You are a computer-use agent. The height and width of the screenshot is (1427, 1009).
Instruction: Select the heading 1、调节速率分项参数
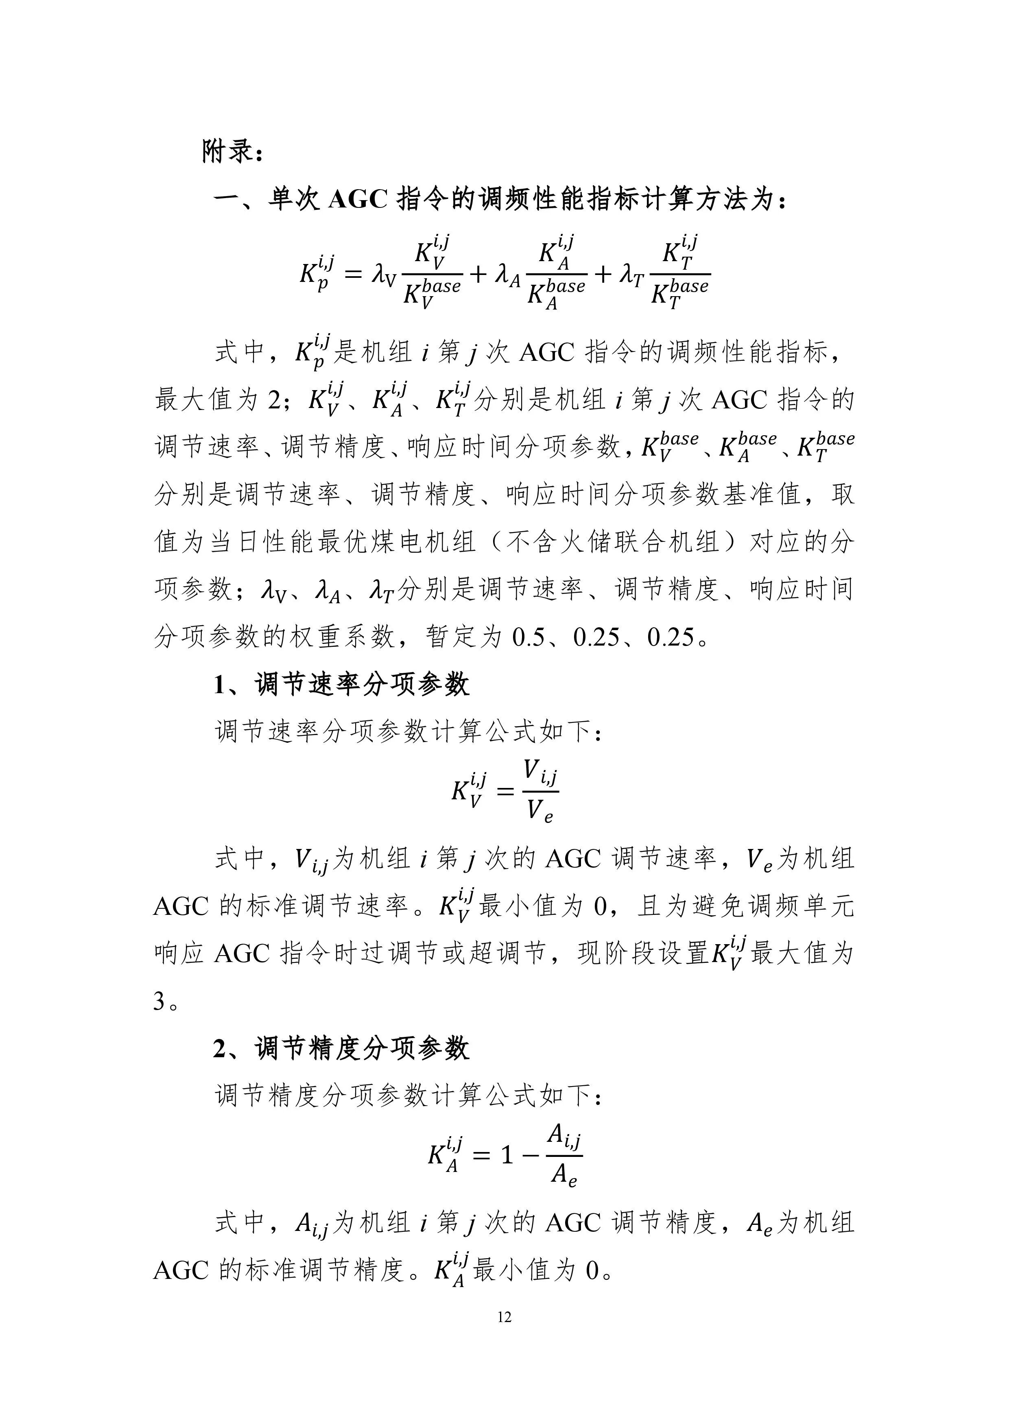[x=341, y=685]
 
